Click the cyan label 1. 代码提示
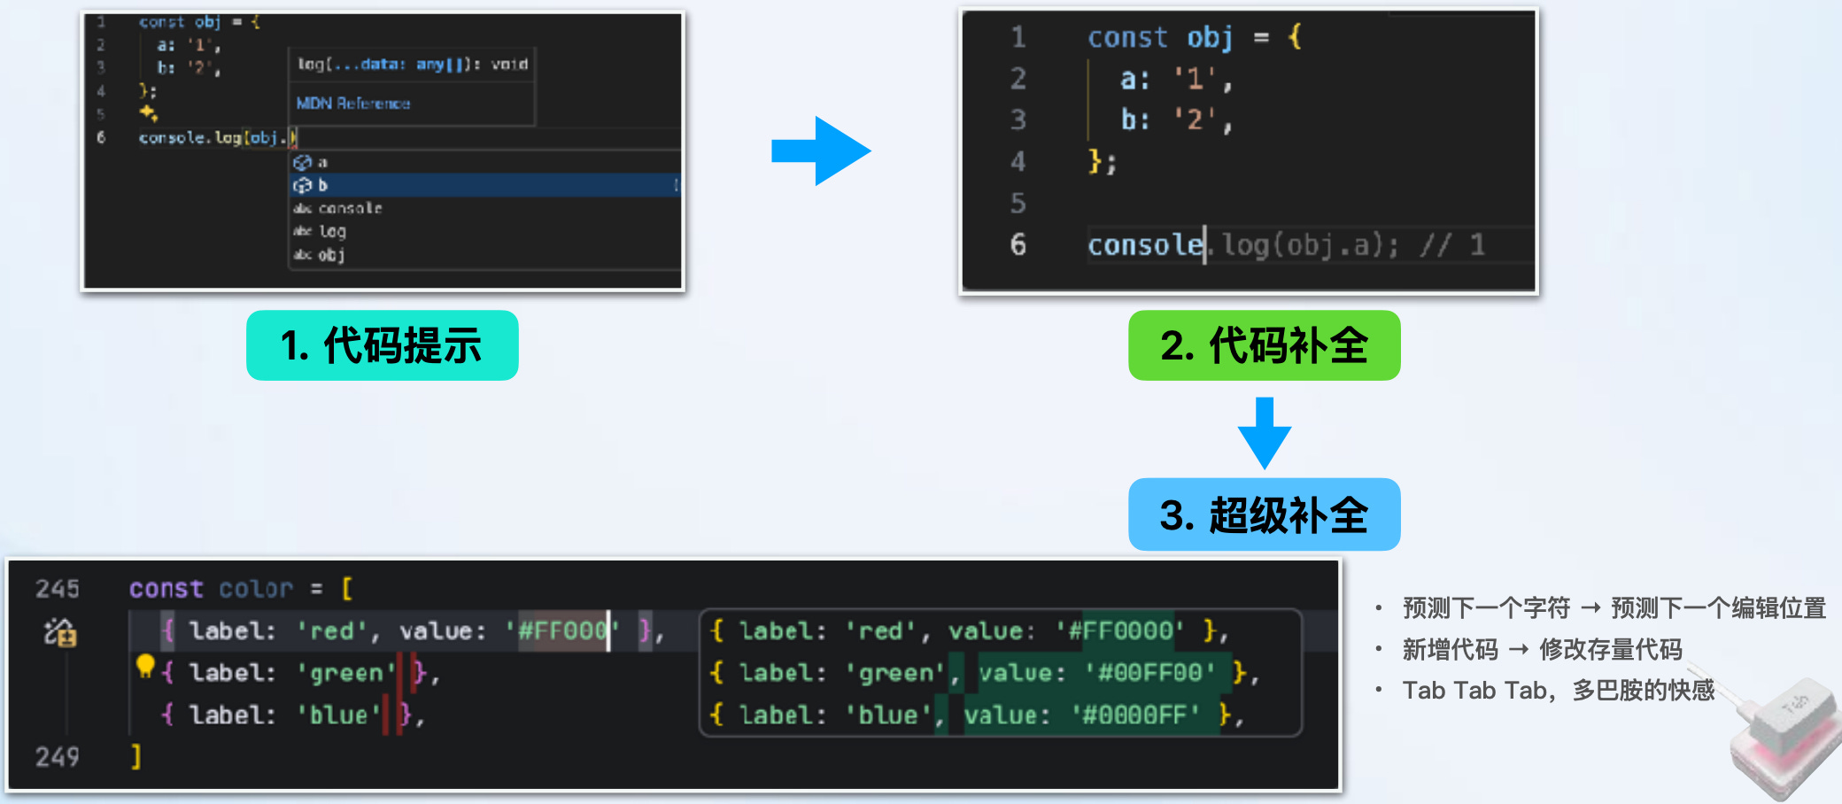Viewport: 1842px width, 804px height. coord(382,345)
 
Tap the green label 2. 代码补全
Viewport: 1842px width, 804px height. coord(1264,345)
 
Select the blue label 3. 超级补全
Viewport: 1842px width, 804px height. coord(1264,514)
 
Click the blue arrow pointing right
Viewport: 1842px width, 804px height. coord(821,151)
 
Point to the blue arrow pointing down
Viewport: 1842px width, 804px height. coord(1264,433)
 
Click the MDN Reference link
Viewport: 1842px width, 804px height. coord(352,104)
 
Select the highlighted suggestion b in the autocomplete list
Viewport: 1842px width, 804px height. coord(322,185)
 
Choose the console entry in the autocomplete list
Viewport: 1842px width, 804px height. coord(350,208)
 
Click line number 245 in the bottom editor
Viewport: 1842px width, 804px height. coord(58,589)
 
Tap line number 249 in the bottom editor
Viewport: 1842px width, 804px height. coord(58,756)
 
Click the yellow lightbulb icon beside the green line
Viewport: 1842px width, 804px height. coord(145,665)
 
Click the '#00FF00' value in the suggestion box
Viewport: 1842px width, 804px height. coord(1149,673)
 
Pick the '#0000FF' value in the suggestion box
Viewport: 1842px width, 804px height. coord(1135,715)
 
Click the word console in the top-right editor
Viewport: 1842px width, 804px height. coord(1145,244)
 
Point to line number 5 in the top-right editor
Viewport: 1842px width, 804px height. coord(1018,203)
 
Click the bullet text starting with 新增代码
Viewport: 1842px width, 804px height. coord(1542,649)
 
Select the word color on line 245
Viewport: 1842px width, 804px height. coord(256,589)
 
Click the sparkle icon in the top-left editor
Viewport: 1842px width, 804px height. coord(148,112)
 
